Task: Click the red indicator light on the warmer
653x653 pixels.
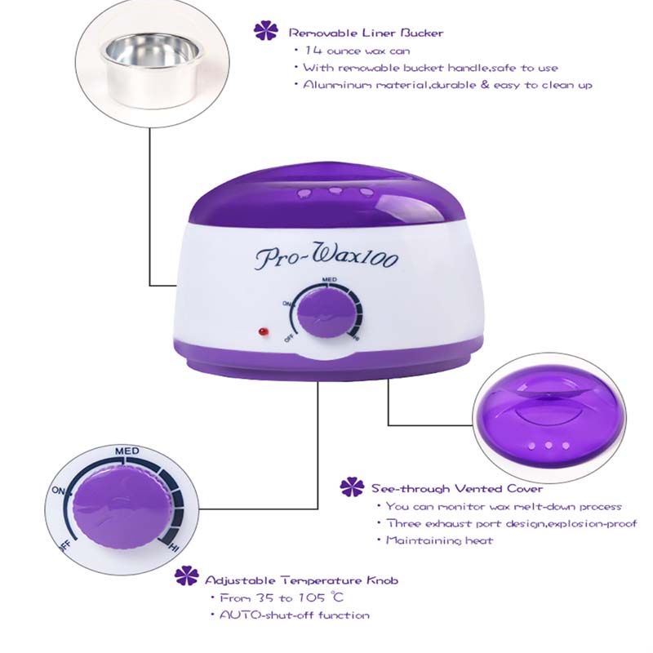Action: coord(263,332)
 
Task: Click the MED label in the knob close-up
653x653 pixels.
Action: coord(127,451)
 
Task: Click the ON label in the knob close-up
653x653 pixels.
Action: coord(58,491)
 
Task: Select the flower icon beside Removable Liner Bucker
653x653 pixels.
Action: coord(266,31)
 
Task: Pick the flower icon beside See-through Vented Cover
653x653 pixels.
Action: coord(352,486)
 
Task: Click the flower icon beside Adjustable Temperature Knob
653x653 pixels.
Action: coord(186,576)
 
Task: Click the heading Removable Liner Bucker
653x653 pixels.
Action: coord(366,33)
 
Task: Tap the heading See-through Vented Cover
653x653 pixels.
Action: coord(457,488)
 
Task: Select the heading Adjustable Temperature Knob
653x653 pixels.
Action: coord(301,580)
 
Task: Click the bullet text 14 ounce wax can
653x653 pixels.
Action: coord(358,51)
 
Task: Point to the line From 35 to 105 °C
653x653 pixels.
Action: coord(282,597)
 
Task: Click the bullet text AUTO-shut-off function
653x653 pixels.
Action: coord(295,615)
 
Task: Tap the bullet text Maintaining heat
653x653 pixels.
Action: coord(439,540)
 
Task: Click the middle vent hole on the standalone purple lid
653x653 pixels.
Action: coord(549,446)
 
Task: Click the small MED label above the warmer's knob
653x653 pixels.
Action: coord(330,279)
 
